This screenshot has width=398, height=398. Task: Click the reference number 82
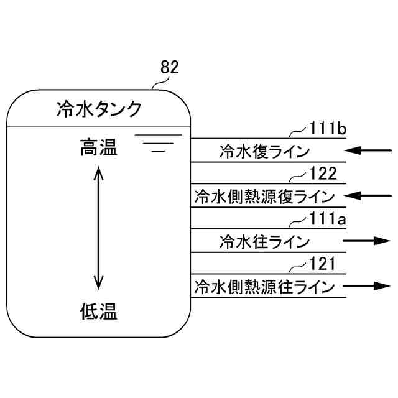point(169,67)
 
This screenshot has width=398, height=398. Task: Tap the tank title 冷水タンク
point(99,110)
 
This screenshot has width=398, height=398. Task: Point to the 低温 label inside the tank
point(99,310)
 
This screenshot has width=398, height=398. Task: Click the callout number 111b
point(327,129)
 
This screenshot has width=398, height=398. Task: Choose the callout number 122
point(323,174)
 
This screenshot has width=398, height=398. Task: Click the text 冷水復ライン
point(264,151)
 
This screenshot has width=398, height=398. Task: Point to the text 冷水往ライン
point(264,241)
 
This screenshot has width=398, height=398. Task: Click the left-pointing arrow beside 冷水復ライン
point(370,151)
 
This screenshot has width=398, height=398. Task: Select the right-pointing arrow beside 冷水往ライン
point(367,241)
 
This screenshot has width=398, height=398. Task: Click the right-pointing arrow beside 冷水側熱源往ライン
point(367,286)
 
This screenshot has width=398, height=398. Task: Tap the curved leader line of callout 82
point(155,84)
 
